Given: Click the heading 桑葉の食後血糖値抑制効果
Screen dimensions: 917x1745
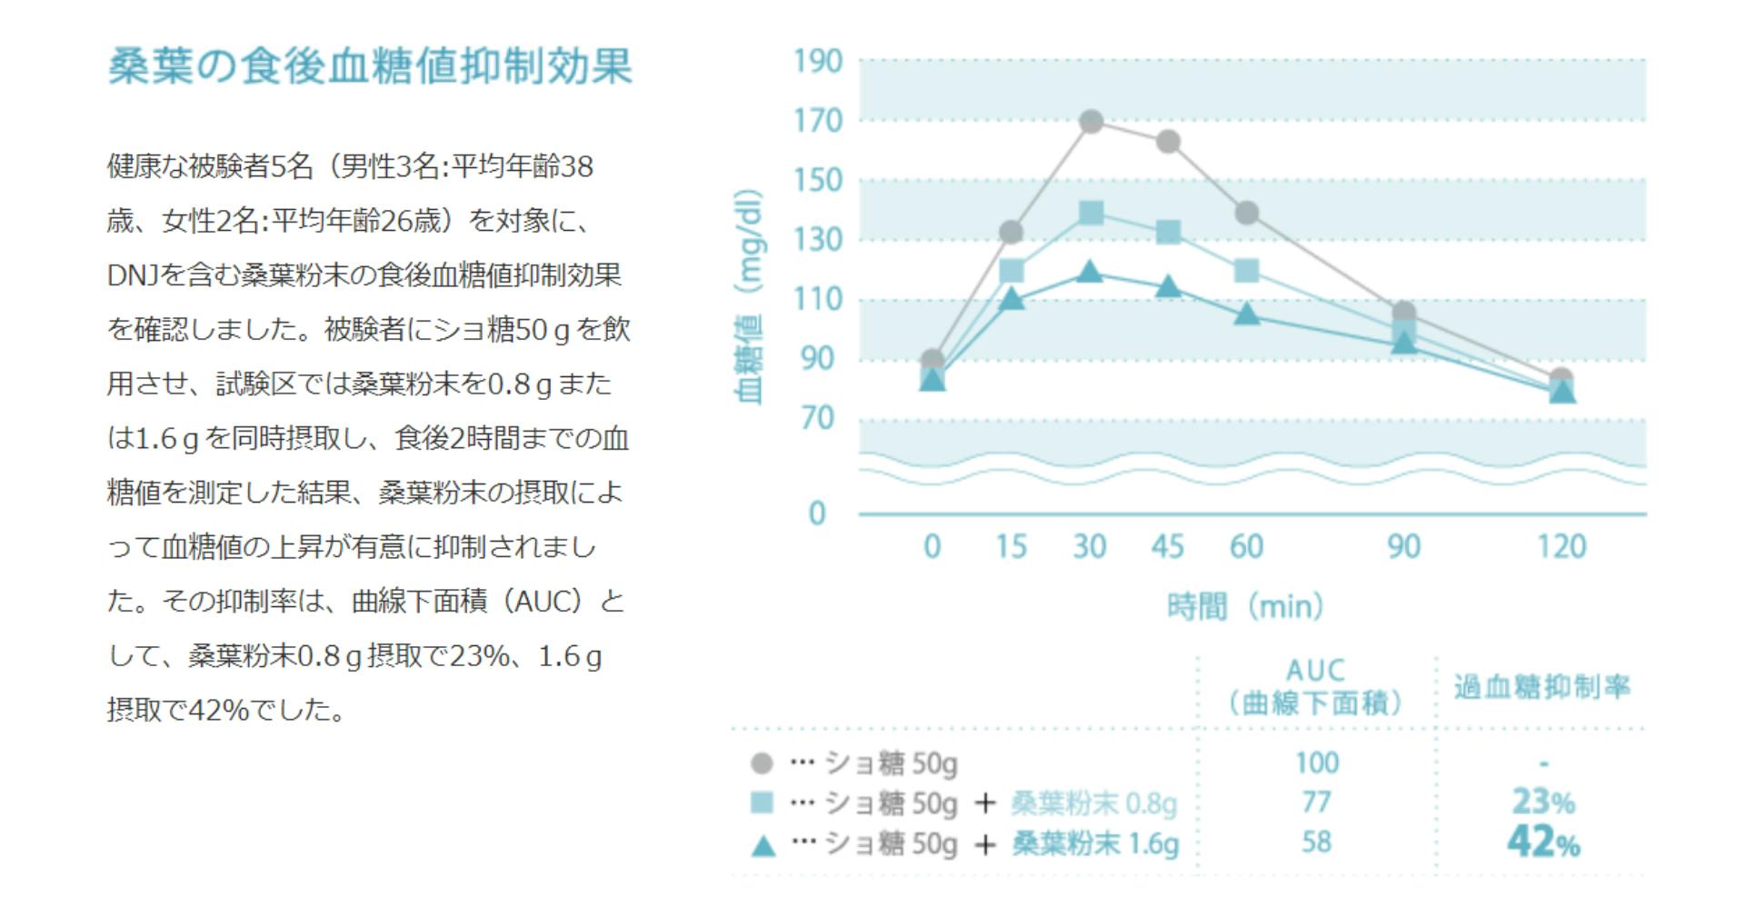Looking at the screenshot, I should (370, 65).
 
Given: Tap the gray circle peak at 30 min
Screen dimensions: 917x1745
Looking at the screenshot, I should (1091, 121).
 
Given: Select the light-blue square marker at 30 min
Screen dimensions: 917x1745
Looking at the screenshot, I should (1091, 214).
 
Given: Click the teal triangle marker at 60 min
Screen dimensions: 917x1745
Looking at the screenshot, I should (1247, 314).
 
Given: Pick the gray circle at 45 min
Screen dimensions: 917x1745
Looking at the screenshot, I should (1168, 142).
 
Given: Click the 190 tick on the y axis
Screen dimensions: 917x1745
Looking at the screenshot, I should (818, 62).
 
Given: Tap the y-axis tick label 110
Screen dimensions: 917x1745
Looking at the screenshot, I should (818, 299).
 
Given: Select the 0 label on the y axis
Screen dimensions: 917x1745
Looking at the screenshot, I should (817, 513).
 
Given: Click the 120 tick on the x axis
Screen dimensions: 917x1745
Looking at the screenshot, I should (1561, 547).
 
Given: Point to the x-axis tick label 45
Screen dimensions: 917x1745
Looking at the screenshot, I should (1168, 547).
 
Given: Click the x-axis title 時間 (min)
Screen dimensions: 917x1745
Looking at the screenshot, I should (1245, 606).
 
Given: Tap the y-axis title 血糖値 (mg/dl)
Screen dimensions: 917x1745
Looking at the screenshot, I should (748, 296).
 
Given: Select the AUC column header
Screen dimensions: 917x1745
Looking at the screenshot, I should (1315, 686).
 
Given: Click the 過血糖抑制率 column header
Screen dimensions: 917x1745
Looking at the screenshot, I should (1541, 687).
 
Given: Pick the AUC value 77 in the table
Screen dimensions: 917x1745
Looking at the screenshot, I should (1316, 802).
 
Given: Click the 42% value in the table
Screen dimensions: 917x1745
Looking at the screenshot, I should (1542, 842).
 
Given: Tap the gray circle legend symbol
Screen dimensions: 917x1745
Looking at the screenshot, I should (762, 763).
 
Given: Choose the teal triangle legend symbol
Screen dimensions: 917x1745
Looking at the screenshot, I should (763, 846).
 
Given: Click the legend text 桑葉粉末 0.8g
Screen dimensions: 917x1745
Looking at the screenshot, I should (1093, 803).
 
